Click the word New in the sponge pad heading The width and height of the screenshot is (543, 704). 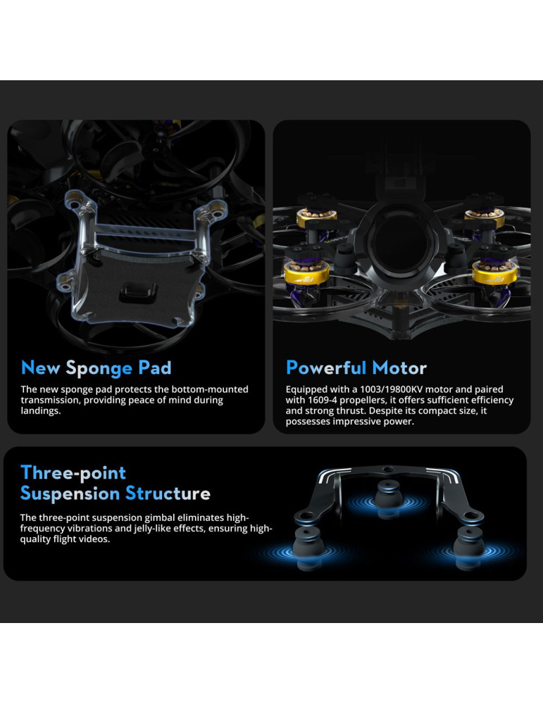40,367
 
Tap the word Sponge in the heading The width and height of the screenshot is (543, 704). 99,369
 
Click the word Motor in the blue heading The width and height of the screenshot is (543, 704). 399,368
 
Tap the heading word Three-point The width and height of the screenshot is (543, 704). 73,473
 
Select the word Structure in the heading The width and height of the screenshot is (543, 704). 168,493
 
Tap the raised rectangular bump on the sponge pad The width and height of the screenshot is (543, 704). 138,292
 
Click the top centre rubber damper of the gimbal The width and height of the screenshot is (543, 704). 389,498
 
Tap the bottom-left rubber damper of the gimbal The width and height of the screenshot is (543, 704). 308,547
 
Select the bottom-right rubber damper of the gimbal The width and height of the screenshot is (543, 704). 469,547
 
